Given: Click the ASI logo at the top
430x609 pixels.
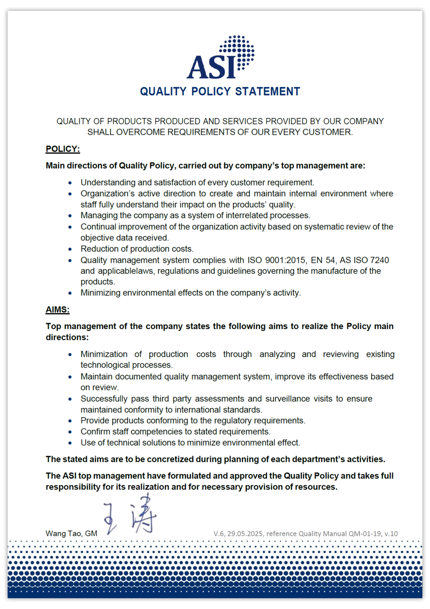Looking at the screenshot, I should [220, 58].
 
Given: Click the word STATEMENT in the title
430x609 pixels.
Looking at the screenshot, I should [268, 91].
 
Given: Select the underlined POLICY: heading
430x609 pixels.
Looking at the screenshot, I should [62, 149].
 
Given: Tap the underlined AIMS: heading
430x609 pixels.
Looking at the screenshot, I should [57, 310].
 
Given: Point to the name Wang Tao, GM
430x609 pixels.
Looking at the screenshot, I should [71, 533].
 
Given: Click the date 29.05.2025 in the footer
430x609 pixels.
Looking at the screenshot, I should [245, 533].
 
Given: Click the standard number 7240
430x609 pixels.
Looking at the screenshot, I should [379, 260].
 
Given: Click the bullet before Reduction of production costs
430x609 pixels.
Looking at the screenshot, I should [70, 249].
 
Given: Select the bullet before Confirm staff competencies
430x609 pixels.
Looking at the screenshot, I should [70, 432].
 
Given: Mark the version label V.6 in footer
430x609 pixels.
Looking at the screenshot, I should [219, 533].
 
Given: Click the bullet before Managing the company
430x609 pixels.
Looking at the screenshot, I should [70, 216].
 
